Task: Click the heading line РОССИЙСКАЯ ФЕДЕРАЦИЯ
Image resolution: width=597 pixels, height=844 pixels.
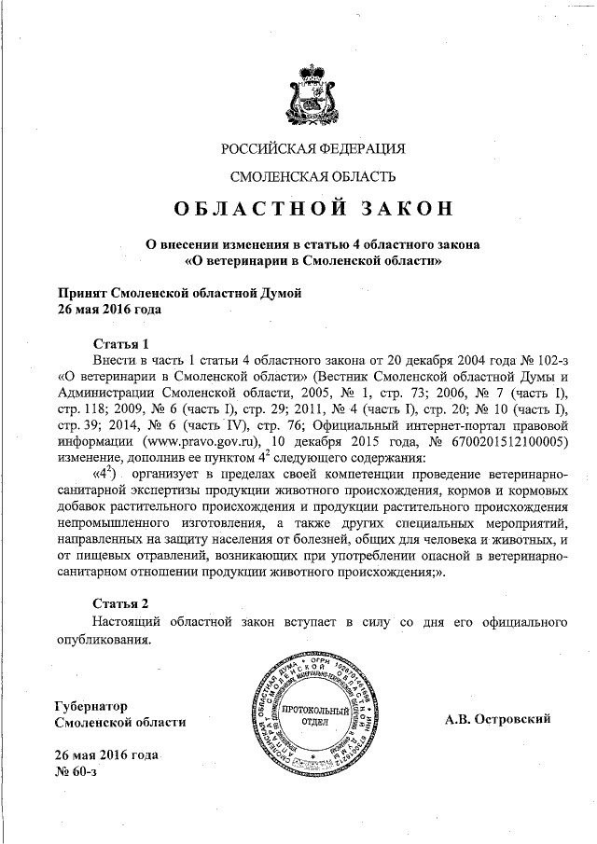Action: tap(313, 148)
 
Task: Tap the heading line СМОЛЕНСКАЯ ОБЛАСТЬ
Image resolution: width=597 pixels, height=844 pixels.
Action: tap(313, 176)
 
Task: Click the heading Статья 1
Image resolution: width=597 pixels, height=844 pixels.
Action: tap(121, 342)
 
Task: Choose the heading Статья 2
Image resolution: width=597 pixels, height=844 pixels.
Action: tap(121, 602)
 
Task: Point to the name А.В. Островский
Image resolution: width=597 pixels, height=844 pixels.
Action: tap(497, 718)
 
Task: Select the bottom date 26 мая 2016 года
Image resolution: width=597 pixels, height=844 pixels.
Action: tap(107, 754)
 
